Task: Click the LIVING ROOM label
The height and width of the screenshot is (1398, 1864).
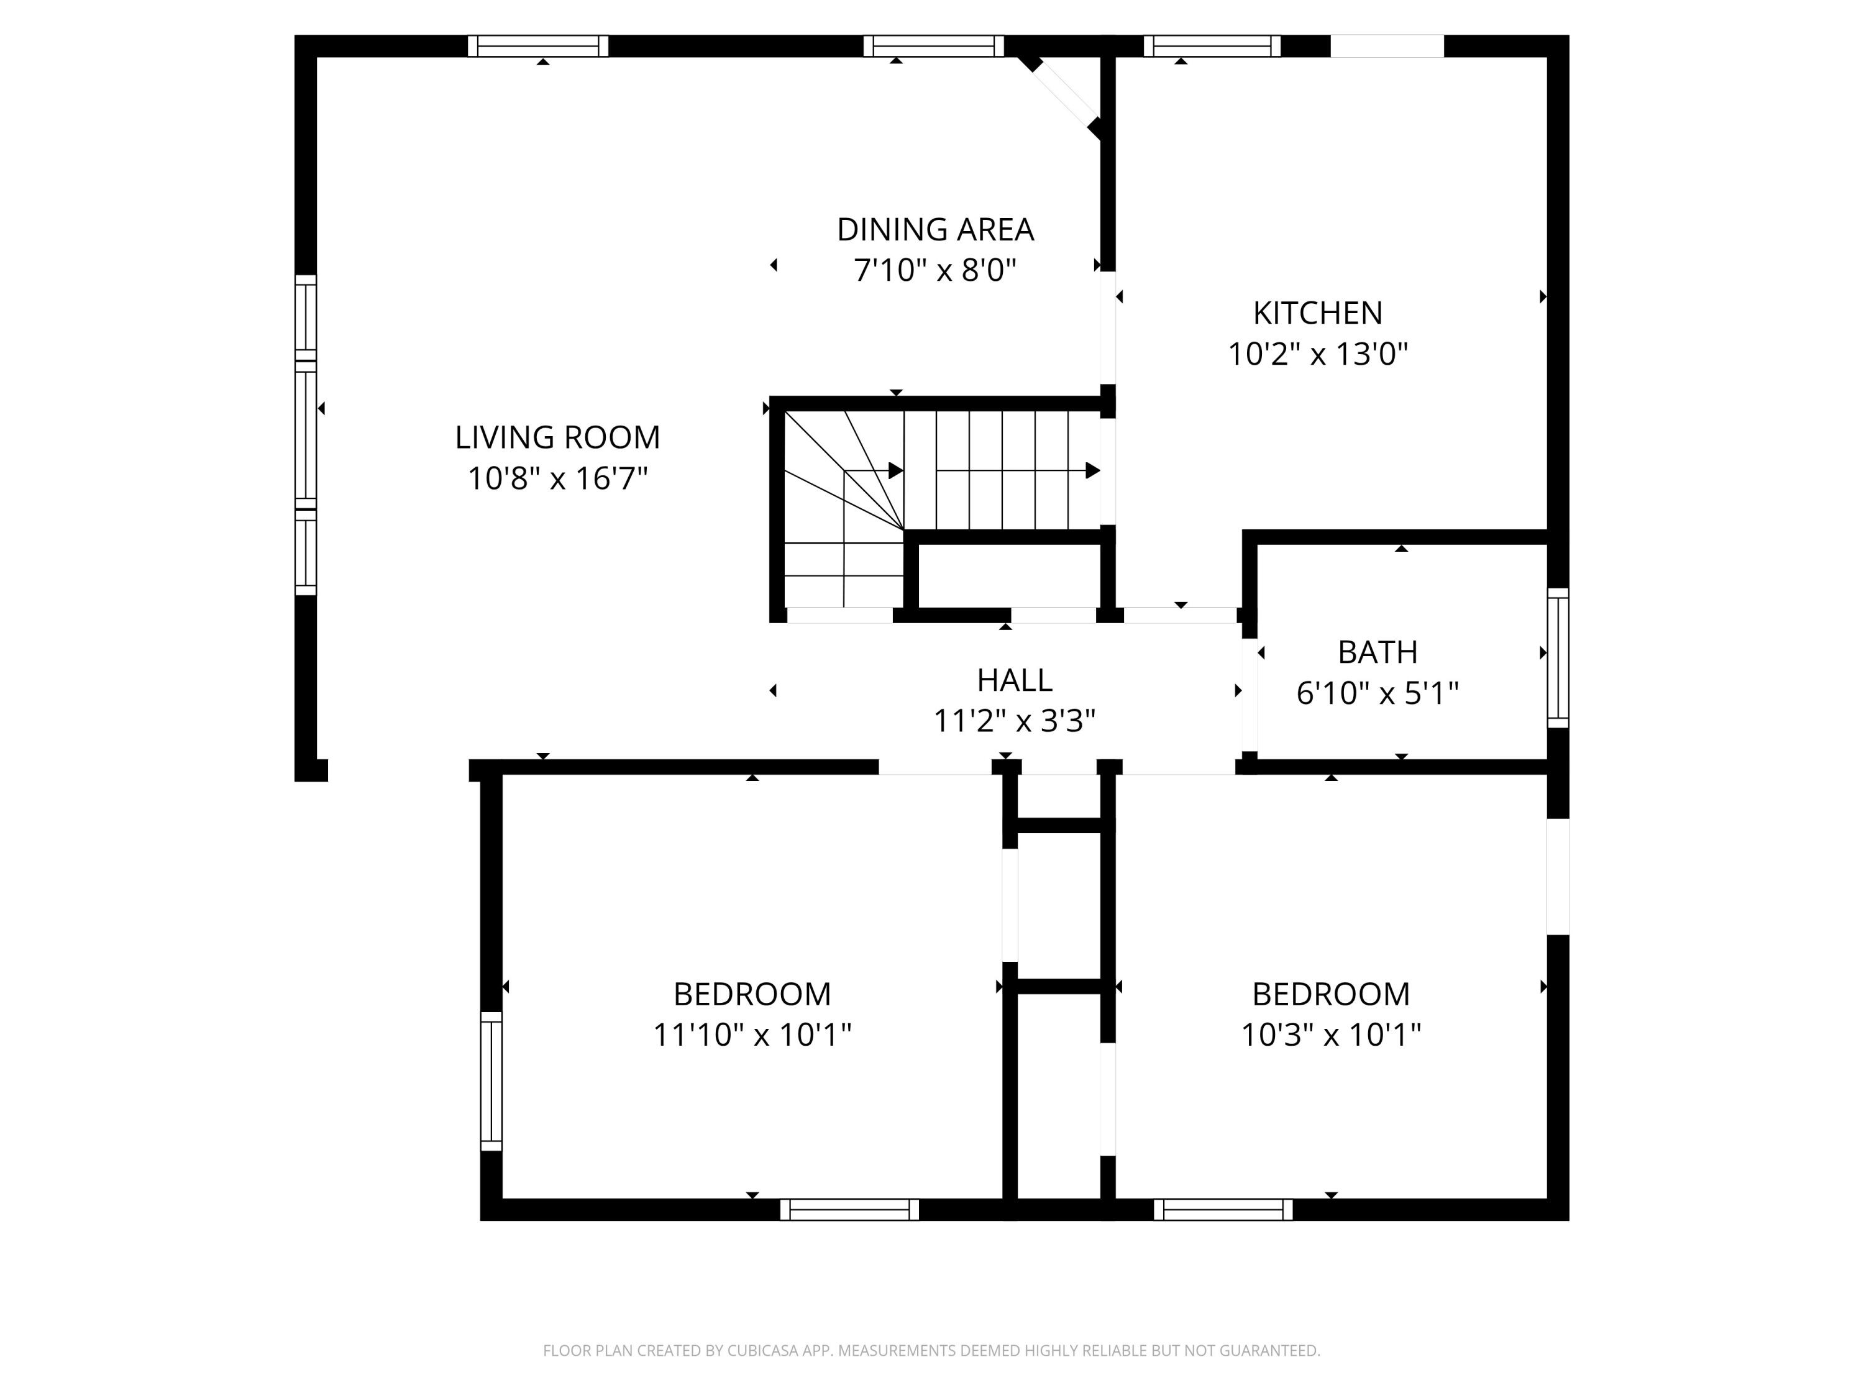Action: coord(557,437)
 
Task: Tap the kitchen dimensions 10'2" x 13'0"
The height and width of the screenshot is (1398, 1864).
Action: coord(1317,354)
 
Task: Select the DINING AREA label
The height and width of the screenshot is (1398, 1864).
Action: coord(934,229)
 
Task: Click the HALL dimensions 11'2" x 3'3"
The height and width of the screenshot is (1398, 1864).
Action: coord(1014,721)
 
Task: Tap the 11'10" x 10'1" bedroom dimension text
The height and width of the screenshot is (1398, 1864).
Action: coord(752,1035)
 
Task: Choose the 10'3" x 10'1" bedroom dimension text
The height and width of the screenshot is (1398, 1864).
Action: coord(1331,1035)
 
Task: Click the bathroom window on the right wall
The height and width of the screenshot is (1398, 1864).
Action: coord(1558,657)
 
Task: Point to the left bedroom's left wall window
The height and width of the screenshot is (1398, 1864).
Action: coord(491,1080)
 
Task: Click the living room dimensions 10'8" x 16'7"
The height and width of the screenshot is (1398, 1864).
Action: coord(557,478)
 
